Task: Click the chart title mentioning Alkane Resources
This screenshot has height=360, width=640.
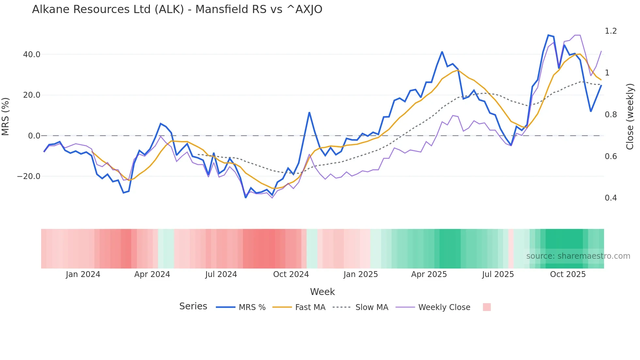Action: pos(177,9)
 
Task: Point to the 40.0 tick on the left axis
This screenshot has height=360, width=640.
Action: pos(31,55)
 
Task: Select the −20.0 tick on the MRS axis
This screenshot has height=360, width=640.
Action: pos(29,176)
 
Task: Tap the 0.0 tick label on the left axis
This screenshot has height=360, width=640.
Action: pos(34,136)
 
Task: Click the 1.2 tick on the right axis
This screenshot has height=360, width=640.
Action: pos(611,31)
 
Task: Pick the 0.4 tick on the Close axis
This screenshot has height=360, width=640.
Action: pos(611,198)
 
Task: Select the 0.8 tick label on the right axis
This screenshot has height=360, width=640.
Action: pos(611,115)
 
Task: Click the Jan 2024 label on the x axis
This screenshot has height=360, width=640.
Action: pos(83,274)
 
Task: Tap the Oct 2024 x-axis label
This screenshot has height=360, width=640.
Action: pos(291,274)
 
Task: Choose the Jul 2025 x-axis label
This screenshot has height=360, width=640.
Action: pos(498,274)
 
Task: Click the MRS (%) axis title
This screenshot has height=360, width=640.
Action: pos(5,116)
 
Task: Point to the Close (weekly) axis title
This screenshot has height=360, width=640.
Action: pos(630,117)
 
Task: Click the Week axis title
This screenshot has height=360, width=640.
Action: pos(322,292)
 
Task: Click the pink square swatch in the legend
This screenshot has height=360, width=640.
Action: pos(487,307)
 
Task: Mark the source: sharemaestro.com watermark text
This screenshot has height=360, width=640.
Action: pos(578,256)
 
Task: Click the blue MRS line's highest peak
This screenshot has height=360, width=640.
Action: pos(548,35)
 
